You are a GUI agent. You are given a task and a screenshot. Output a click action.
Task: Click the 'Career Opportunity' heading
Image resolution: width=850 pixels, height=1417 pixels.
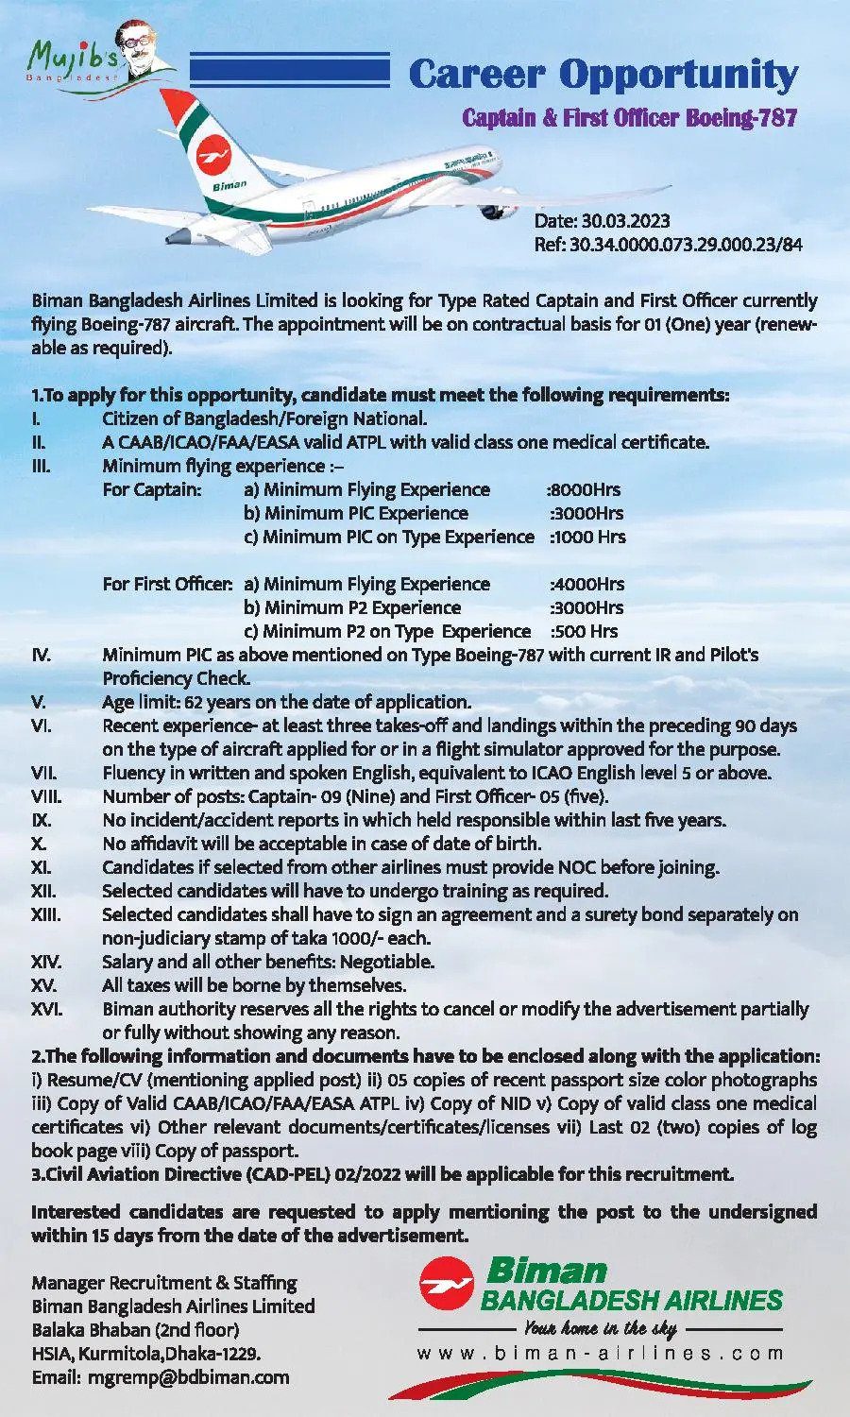603,75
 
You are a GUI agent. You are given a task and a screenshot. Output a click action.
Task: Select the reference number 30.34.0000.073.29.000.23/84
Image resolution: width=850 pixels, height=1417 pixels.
686,245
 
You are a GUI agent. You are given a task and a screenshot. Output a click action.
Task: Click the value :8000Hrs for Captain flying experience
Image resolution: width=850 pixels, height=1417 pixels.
585,489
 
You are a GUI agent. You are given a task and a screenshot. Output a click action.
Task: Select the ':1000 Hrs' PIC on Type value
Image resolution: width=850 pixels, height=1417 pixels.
587,537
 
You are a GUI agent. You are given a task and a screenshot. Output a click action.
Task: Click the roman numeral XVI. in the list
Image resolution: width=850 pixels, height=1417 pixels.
46,1009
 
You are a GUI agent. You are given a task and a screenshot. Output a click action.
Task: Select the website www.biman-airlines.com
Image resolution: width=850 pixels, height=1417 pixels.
600,1353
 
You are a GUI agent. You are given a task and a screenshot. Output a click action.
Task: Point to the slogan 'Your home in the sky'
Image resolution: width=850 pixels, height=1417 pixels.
600,1328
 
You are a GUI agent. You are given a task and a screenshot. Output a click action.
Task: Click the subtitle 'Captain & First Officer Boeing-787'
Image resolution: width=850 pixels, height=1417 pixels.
629,118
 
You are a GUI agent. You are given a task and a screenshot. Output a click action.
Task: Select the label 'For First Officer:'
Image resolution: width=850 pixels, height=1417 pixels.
167,584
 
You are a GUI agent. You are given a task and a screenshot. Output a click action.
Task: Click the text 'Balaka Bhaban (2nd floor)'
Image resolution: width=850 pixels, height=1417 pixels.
135,1330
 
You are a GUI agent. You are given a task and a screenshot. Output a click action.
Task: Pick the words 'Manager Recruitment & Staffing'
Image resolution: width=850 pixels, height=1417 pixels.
163,1283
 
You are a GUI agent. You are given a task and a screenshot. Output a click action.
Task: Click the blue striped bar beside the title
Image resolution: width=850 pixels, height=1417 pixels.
290,71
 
